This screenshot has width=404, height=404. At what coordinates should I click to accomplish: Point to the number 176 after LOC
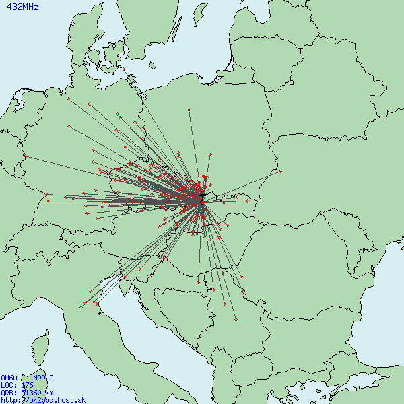point(27,386)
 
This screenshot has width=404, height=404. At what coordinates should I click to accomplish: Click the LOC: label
point(8,386)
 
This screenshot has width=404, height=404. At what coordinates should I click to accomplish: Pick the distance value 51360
point(30,393)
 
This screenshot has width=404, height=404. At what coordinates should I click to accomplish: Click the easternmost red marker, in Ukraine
point(280,171)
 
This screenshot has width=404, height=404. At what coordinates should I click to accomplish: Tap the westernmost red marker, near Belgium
point(24,156)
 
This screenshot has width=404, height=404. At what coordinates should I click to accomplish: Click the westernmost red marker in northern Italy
point(81,308)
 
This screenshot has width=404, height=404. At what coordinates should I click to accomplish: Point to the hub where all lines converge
point(201,199)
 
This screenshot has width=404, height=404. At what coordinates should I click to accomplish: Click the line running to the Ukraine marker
point(242,184)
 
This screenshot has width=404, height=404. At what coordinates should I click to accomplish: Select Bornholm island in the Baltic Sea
point(153,66)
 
